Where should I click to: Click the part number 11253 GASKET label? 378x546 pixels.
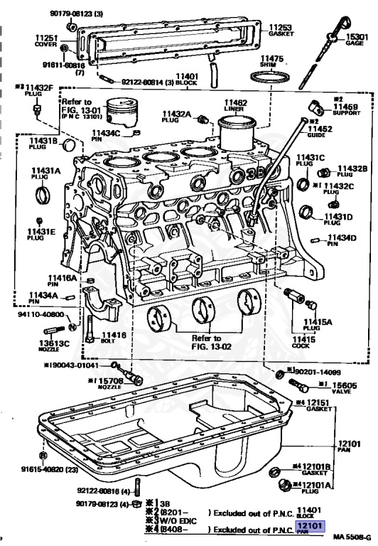(280, 30)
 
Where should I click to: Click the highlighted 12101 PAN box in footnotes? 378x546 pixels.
(310, 527)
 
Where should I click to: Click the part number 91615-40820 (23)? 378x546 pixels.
(49, 470)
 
